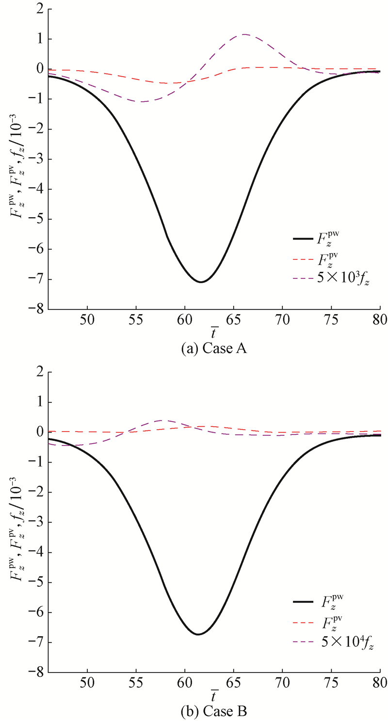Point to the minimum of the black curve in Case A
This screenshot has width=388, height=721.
point(200,282)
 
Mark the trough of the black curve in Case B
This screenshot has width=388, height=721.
point(198,634)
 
